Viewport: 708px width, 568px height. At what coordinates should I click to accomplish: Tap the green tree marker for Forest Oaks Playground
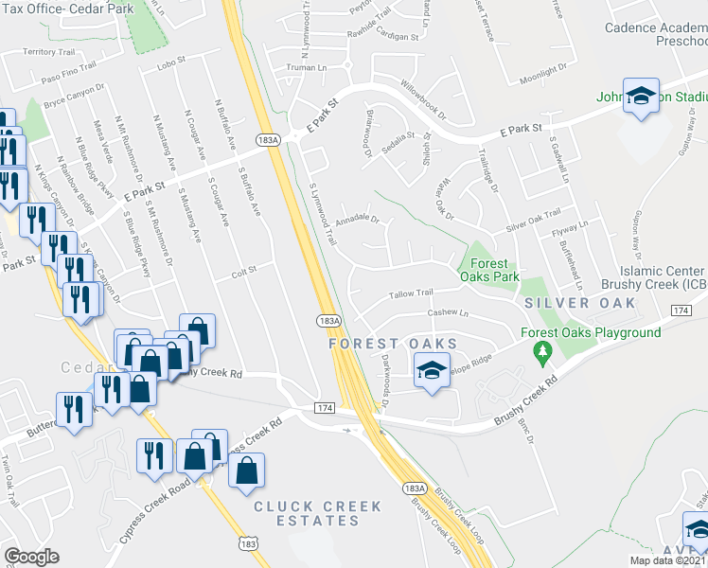(x=541, y=355)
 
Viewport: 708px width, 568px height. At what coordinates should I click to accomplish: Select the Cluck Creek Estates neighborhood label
(x=317, y=513)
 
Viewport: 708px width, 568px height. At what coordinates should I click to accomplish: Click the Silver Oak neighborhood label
(x=580, y=303)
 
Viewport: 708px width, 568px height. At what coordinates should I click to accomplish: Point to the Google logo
(x=31, y=557)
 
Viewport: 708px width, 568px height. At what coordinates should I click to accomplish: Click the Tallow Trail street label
(x=412, y=293)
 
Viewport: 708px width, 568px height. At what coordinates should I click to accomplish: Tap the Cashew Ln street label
(x=449, y=312)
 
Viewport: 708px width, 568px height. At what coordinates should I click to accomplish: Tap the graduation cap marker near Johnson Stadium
(x=642, y=98)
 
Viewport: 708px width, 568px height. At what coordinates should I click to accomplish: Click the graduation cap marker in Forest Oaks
(x=431, y=370)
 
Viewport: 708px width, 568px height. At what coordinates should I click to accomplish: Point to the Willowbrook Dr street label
(x=421, y=90)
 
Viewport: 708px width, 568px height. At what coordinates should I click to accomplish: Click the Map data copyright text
(x=668, y=560)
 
